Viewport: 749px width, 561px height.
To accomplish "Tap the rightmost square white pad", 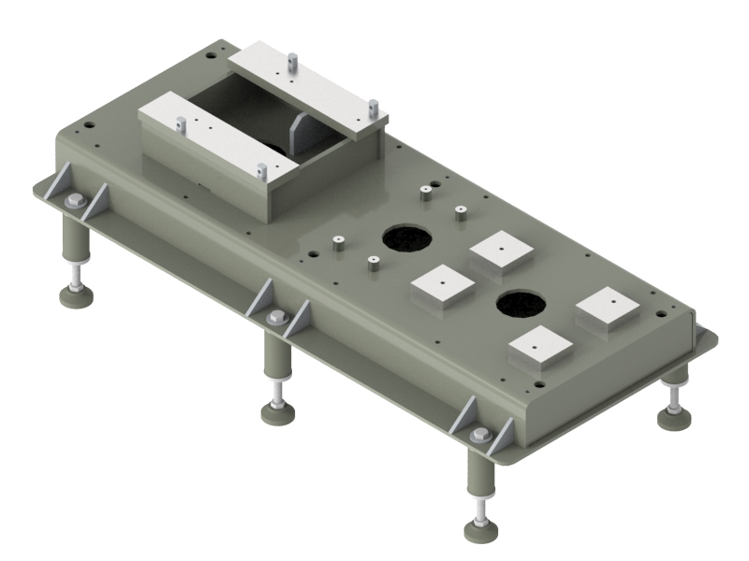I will coord(608,309).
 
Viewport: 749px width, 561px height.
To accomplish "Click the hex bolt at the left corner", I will coord(76,201).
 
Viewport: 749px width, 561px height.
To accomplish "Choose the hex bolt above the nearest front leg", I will coord(481,435).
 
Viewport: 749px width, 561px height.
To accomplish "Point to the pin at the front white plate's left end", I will coord(181,123).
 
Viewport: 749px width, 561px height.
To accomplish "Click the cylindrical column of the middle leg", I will coord(275,355).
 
